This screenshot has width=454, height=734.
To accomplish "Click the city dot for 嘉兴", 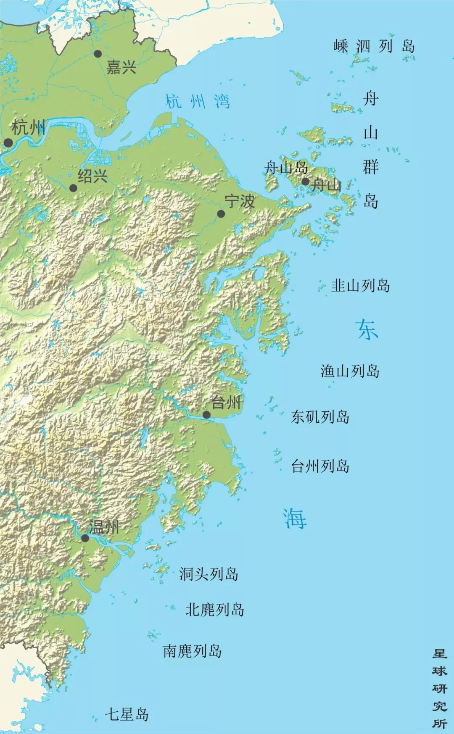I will coord(98,54).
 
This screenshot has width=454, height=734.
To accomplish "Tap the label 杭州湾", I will coord(198,102).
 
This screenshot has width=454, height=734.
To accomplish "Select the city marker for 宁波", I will coord(221,214).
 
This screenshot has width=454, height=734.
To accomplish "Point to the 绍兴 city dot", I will coord(73,188).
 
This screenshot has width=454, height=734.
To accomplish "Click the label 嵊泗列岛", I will coord(374,46).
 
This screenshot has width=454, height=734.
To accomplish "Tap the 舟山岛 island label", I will coord(286,168).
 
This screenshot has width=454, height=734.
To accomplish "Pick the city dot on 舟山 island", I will coord(305,182).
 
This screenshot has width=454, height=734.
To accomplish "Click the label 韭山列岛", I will coord(360,286).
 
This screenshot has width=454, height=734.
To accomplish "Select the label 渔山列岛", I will coord(350,371).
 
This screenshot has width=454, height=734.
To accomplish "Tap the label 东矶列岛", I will coord(320,417).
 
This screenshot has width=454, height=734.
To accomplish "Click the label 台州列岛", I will coord(320,466).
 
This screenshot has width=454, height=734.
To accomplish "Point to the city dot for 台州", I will coord(206,415).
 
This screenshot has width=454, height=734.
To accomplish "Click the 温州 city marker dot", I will coord(85,538).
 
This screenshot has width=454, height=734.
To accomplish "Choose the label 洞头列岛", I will coord(209,574).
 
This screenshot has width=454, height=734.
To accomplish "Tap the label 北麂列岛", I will coord(214,610).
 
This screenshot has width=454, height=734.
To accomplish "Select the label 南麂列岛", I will coord(192,651).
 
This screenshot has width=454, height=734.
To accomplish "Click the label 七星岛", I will coord(127,714).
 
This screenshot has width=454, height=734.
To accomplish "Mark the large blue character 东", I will coord(367,329).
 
